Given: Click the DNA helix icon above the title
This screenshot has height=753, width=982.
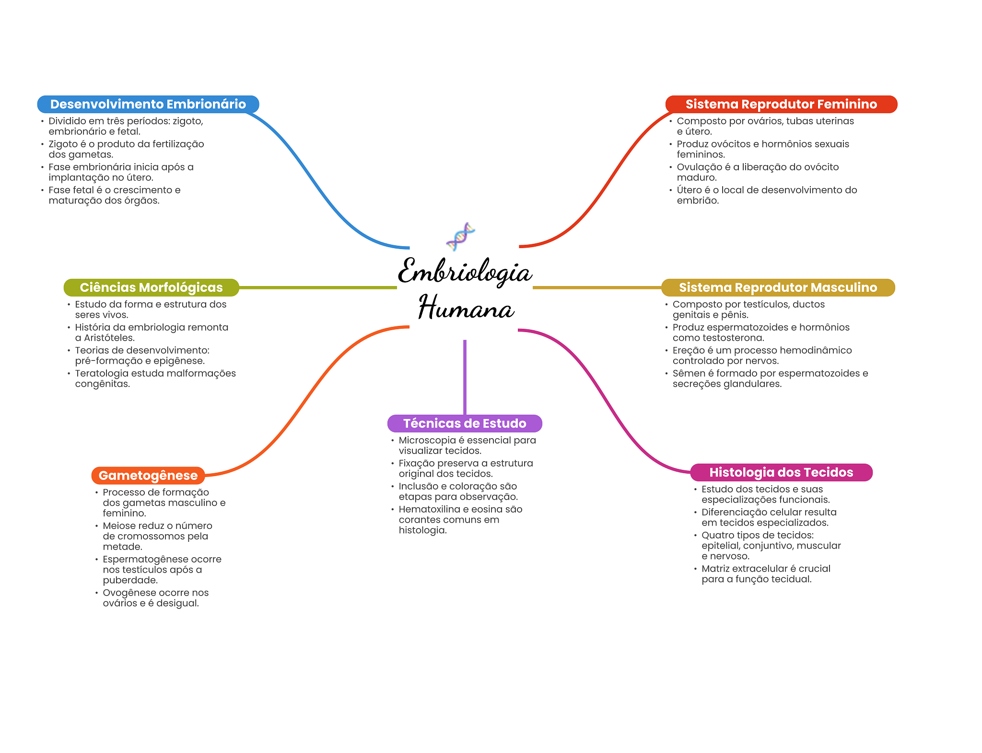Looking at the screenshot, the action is (460, 236).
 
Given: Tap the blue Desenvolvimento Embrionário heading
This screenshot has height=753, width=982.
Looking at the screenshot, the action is (148, 104).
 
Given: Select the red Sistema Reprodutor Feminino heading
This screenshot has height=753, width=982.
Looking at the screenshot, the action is (781, 104).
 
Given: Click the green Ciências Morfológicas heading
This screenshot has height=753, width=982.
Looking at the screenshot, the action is (151, 287).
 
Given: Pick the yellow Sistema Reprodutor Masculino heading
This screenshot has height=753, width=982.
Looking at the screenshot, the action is (778, 287).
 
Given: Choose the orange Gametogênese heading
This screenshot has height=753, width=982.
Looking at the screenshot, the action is (148, 476).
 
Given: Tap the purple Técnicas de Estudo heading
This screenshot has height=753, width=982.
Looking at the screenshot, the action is (465, 423).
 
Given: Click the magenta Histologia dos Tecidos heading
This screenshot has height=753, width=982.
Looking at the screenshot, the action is (781, 472).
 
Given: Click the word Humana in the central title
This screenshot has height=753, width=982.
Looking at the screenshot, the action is (466, 308).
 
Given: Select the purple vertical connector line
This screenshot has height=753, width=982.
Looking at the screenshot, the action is (465, 377).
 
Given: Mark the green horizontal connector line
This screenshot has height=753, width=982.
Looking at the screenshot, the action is (317, 287).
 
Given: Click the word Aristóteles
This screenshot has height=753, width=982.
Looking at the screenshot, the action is (109, 338).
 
